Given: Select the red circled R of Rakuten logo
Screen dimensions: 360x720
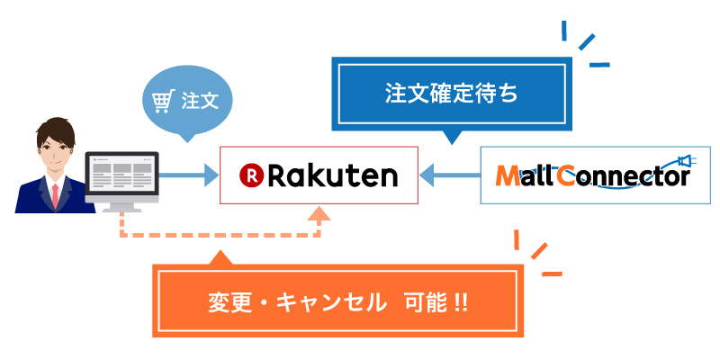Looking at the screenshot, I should pyautogui.click(x=251, y=175).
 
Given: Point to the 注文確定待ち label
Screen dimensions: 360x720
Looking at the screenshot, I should pyautogui.click(x=451, y=93).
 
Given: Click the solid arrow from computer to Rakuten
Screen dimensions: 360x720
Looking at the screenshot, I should pyautogui.click(x=189, y=175).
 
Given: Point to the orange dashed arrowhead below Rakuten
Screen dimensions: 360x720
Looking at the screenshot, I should pyautogui.click(x=319, y=213).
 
